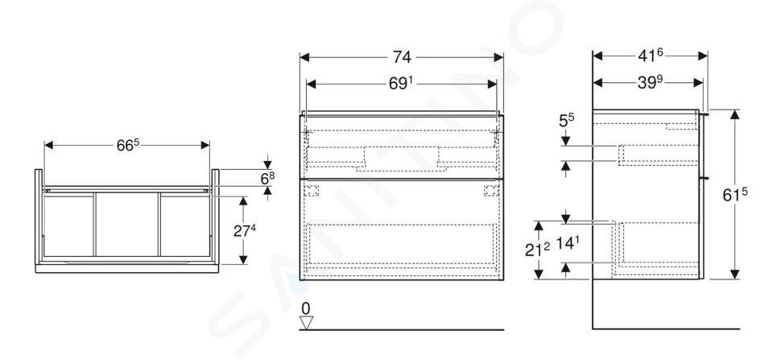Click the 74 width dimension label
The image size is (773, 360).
click(402, 57)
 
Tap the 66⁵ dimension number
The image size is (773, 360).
click(128, 145)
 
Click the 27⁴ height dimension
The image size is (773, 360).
click(245, 230)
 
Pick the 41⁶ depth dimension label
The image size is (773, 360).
click(651, 56)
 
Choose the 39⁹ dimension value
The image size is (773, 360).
click(650, 82)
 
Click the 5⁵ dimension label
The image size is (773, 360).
click(566, 120)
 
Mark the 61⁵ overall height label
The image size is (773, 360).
click(735, 195)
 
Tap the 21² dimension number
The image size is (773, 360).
click(536, 250)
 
